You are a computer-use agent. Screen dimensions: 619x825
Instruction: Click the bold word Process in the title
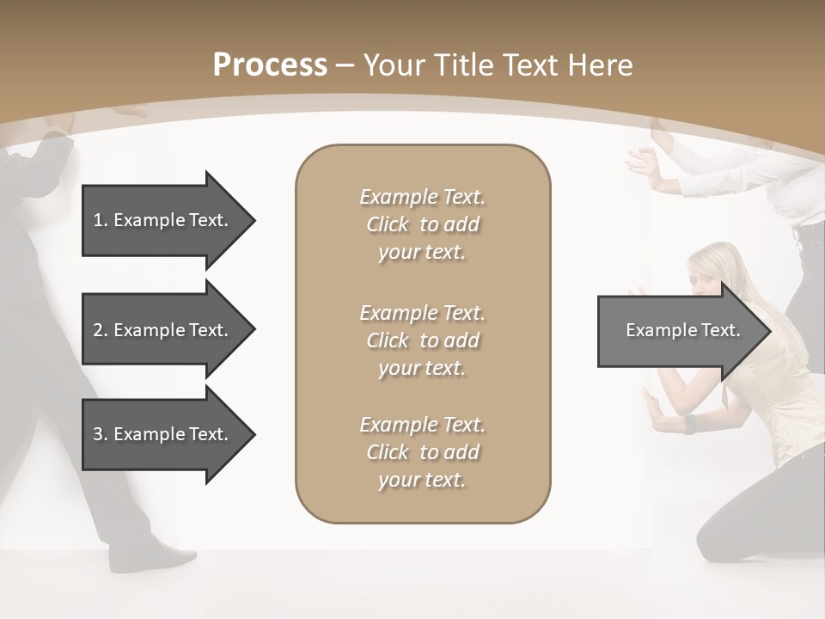coord(270,65)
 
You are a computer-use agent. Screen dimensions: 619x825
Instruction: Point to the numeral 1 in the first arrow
coord(97,220)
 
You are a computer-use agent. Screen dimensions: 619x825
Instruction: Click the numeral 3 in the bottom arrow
coord(97,434)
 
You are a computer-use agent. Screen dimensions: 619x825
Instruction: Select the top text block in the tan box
coord(422,224)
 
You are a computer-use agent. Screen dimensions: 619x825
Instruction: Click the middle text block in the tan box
coord(422,340)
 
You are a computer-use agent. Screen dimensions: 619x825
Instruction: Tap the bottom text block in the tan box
coord(422,452)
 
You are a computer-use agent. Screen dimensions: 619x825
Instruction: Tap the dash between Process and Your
coord(345,65)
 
